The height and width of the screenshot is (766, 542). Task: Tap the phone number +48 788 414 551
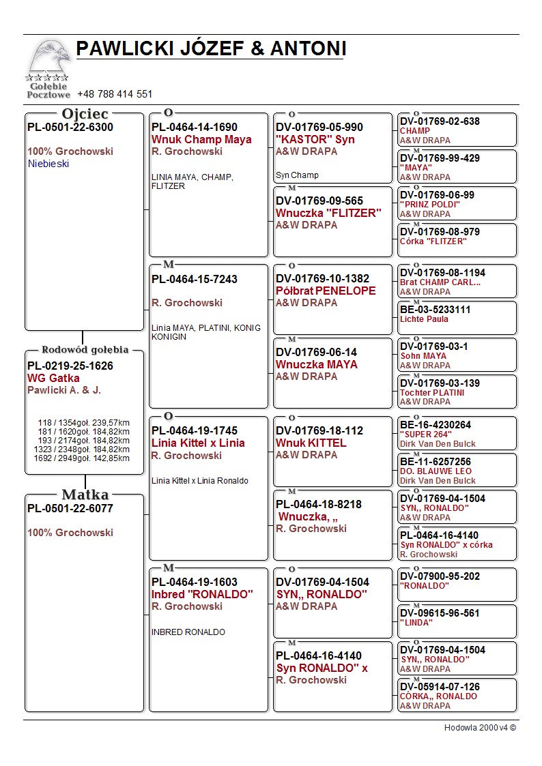[x=115, y=94]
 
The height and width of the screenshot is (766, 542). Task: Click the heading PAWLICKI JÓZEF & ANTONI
[x=211, y=48]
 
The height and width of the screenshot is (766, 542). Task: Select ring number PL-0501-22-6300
[x=70, y=127]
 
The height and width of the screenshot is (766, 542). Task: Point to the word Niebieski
[x=48, y=164]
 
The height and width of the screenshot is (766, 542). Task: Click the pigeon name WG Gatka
[x=53, y=378]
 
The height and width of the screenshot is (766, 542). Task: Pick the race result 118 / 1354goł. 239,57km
[x=83, y=423]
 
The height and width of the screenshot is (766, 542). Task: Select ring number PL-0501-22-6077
[x=70, y=508]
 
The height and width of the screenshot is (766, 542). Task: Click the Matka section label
[x=85, y=495]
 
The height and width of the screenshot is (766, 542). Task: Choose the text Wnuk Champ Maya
[x=201, y=140]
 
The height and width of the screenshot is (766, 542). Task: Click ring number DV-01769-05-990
[x=319, y=128]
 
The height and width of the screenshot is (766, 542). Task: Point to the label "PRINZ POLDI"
[x=430, y=205]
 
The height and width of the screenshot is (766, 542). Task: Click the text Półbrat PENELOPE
[x=326, y=291]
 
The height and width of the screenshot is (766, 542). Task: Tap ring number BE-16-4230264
[x=435, y=425]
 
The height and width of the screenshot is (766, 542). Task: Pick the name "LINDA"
[x=416, y=623]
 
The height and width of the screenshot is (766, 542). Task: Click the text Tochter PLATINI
[x=432, y=393]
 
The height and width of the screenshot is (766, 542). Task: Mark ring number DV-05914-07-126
[x=440, y=687]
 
